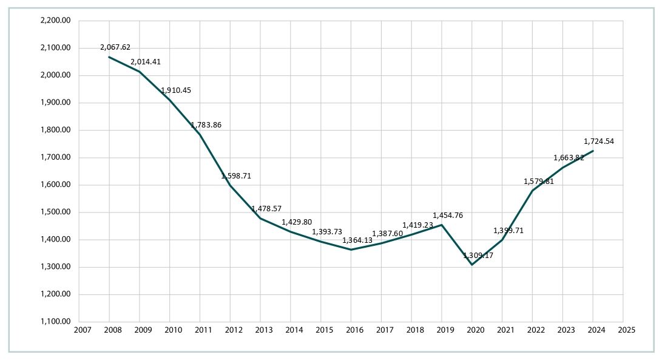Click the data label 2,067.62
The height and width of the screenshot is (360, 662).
115,47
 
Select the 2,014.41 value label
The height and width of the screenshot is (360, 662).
146,62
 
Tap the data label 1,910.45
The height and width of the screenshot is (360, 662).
176,90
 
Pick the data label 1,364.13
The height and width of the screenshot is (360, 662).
357,240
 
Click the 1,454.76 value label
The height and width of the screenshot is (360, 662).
448,215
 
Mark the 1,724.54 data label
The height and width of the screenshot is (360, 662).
599,141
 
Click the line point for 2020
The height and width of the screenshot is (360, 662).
472,265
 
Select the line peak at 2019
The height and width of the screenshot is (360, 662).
442,225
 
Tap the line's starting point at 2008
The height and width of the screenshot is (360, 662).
109,57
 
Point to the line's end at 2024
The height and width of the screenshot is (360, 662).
593,151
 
